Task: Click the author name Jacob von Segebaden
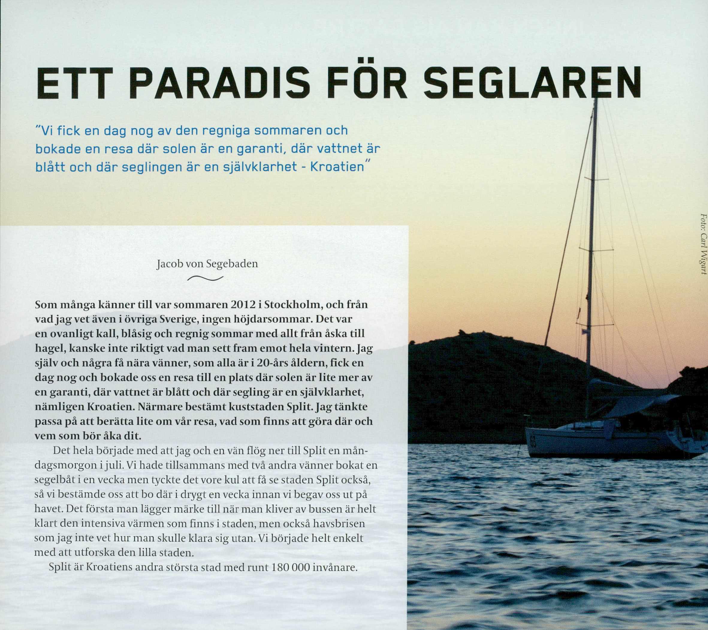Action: coord(207,264)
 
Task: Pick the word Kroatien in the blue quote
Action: coord(337,167)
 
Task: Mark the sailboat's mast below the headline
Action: coord(593,243)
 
